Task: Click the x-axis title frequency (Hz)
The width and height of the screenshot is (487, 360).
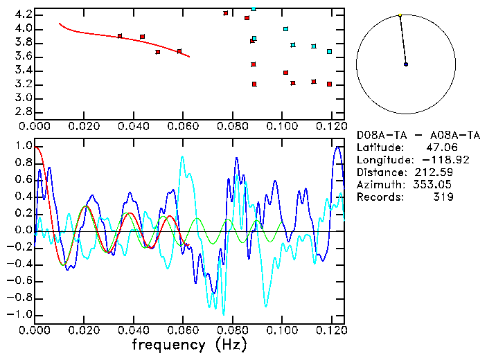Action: coord(189,344)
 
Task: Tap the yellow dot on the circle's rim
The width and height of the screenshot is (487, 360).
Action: coord(400,15)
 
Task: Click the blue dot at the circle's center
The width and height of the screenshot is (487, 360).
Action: coord(406,64)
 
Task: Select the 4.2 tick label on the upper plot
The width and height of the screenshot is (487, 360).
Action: coord(23,15)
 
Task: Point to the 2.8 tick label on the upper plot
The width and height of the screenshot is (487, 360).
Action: coord(23,111)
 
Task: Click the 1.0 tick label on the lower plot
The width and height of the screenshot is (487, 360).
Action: coord(23,147)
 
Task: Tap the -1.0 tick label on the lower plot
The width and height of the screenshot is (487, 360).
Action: coord(21,314)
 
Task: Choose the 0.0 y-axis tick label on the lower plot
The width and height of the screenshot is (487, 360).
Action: coord(23,231)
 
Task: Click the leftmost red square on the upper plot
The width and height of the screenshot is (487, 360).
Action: coord(120,36)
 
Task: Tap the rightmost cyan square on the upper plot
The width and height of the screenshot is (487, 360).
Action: coord(329,51)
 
